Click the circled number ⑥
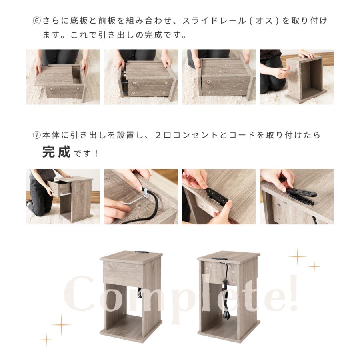pyautogui.click(x=36, y=21)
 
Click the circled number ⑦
pyautogui.click(x=36, y=135)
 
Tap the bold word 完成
pyautogui.click(x=56, y=152)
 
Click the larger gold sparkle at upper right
pyautogui.click(x=298, y=256)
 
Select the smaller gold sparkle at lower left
pyautogui.click(x=46, y=340)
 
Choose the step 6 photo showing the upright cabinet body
pyautogui.click(x=297, y=77)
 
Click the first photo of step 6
pyautogui.click(x=63, y=77)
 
